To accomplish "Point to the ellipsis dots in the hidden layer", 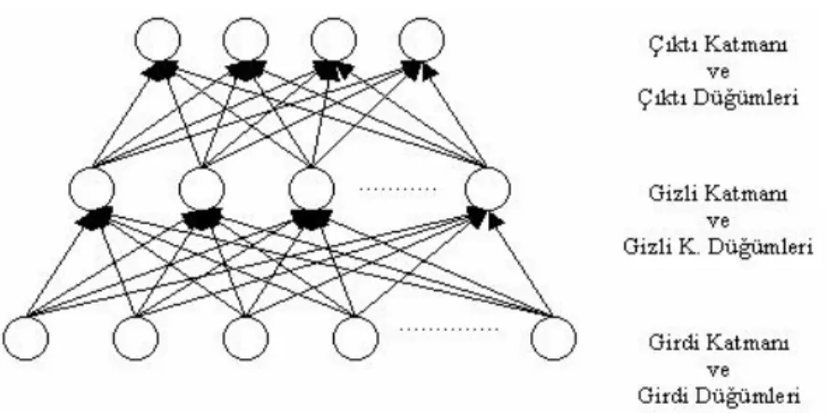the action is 399,188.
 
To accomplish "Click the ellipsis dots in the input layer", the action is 449,329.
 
